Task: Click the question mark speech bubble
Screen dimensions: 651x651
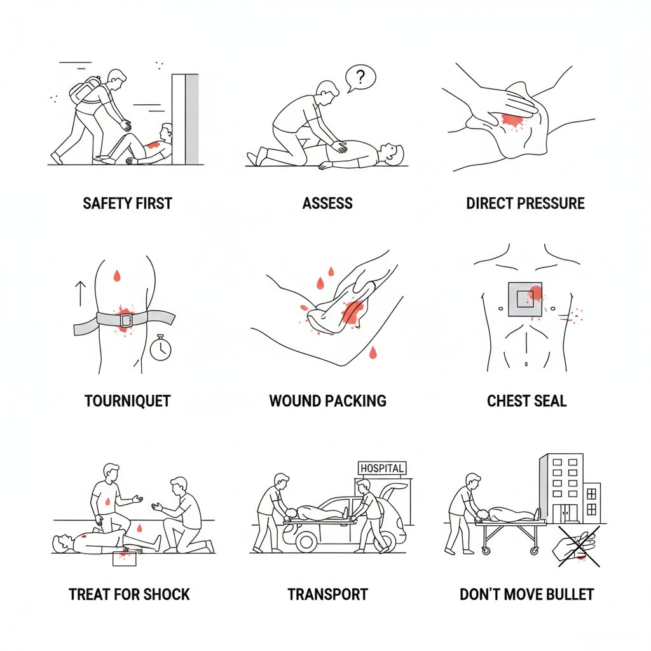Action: [x=360, y=78]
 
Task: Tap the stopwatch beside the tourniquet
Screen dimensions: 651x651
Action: [x=160, y=348]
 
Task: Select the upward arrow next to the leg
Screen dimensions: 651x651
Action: [x=80, y=294]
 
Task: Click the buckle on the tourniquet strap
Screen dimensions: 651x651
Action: [x=126, y=320]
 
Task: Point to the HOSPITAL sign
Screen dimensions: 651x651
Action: [x=382, y=469]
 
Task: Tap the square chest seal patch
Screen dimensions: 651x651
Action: [x=525, y=300]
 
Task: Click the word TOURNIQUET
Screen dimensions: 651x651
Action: [x=127, y=401]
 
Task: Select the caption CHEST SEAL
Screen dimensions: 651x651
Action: [x=526, y=401]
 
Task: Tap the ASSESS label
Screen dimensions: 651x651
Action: [x=327, y=203]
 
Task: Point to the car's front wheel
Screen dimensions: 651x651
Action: [x=306, y=542]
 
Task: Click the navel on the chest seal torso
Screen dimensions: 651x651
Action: [x=526, y=364]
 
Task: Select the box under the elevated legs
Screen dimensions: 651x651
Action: [x=125, y=558]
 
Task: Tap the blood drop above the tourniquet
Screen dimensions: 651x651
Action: [x=117, y=276]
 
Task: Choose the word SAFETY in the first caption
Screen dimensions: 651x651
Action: [x=104, y=203]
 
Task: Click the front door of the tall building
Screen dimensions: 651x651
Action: [x=568, y=514]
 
